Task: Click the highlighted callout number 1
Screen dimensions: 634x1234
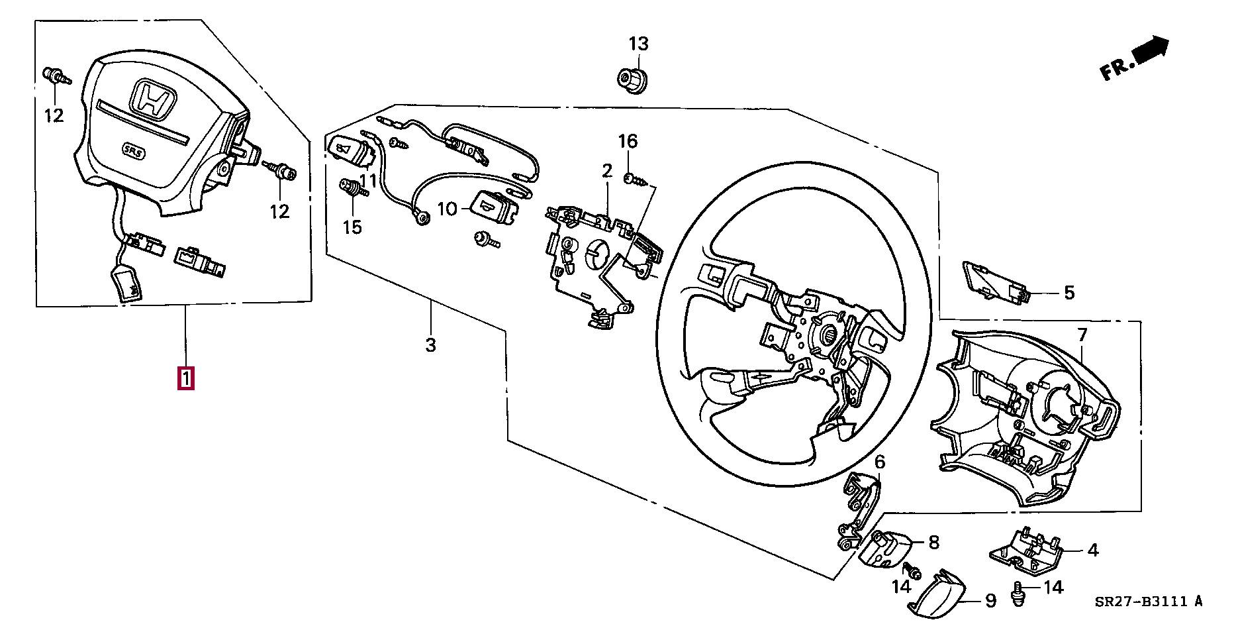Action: click(186, 379)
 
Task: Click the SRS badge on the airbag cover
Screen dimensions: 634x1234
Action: click(134, 150)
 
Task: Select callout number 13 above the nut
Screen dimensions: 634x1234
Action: click(638, 44)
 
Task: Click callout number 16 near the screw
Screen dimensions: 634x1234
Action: click(628, 141)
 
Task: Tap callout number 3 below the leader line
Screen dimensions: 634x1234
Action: click(430, 345)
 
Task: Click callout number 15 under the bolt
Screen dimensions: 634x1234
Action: click(352, 227)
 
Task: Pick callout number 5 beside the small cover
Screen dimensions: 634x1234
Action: click(1069, 293)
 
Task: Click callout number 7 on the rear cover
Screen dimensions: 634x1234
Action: click(1082, 335)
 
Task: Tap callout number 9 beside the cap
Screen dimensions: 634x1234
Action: click(990, 601)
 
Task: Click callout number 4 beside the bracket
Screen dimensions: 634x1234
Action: click(1092, 550)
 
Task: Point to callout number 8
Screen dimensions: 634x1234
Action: click(933, 543)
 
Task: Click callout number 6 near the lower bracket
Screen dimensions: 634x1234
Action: click(879, 462)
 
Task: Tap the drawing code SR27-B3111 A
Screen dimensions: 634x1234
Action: click(1147, 602)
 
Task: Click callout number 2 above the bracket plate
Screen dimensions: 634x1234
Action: click(607, 172)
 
